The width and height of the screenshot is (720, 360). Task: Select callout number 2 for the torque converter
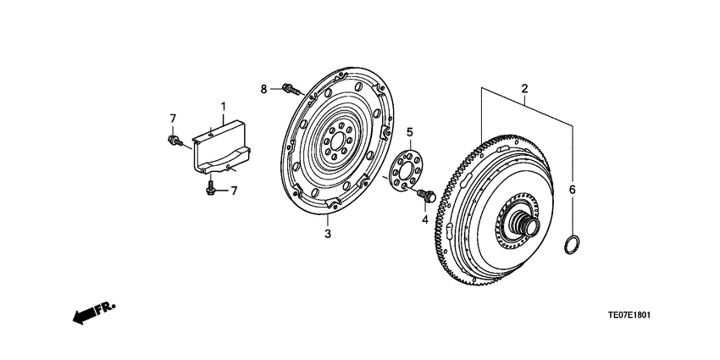(524, 89)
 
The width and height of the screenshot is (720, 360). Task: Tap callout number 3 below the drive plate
(328, 235)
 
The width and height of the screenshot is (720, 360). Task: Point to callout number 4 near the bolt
(426, 220)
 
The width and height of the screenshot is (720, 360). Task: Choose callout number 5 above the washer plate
(409, 132)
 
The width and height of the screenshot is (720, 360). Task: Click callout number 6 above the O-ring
(572, 190)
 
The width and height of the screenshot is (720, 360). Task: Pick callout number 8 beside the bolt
(263, 88)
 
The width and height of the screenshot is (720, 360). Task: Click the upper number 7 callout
(172, 118)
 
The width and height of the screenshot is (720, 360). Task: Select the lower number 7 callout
(234, 191)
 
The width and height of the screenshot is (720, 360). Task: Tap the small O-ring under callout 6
(573, 246)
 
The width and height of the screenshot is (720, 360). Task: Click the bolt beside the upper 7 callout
(175, 141)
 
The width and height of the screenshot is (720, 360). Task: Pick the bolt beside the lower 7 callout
(210, 189)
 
